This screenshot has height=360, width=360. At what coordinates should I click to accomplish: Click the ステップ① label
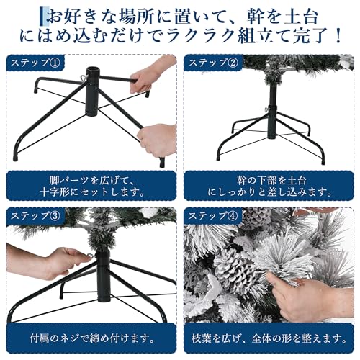(36, 63)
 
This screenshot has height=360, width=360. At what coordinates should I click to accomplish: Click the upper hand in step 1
(153, 74)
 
